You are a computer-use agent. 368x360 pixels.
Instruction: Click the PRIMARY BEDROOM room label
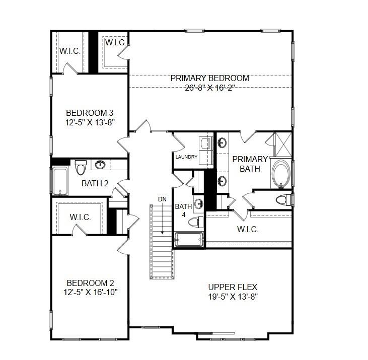[x=209, y=78]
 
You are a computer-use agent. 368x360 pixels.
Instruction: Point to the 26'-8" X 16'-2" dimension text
[x=209, y=87]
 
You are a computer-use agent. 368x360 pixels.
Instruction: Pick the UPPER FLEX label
[x=233, y=286]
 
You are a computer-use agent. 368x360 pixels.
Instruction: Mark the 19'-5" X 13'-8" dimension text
[x=233, y=296]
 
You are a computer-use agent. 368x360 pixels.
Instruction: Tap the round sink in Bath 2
[x=101, y=165]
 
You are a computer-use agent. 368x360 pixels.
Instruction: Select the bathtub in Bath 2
[x=60, y=181]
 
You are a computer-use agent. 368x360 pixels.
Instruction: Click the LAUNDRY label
[x=186, y=157]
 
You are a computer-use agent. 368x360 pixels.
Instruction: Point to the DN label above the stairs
[x=162, y=199]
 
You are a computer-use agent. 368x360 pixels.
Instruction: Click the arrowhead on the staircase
[x=162, y=232]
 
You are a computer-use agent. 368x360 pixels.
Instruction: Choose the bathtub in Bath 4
[x=189, y=240]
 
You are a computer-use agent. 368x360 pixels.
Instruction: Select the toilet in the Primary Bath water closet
[x=283, y=200]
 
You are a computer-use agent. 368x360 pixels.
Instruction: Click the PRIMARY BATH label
[x=250, y=164]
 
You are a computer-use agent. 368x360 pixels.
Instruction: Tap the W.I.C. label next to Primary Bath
[x=247, y=229]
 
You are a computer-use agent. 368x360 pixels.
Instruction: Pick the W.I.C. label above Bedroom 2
[x=80, y=217]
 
